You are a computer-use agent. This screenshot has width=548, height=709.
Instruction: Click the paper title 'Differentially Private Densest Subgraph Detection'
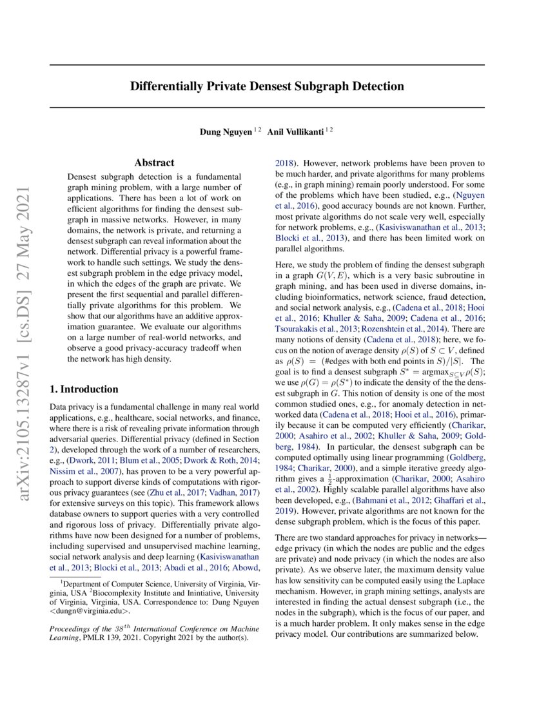click(x=267, y=86)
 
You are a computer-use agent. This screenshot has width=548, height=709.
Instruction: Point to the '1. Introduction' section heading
click(x=84, y=389)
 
